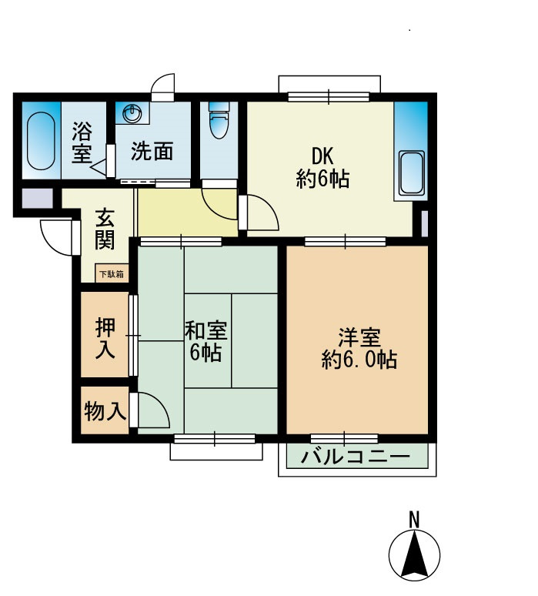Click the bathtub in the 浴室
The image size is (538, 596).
[x=41, y=141]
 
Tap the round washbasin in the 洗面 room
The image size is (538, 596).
[x=132, y=113]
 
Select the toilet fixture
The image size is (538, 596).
[x=219, y=120]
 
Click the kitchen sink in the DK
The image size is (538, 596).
[x=412, y=173]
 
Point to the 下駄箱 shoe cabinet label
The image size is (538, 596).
[x=112, y=273]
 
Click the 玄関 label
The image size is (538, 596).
[x=104, y=229]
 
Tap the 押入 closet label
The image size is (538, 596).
[x=105, y=338]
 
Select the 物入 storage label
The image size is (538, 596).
[x=105, y=410]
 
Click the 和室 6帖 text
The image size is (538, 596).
[x=206, y=341]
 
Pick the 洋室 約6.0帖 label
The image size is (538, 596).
[x=359, y=348]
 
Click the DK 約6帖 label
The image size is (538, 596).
[x=322, y=167]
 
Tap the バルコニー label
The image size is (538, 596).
[x=356, y=456]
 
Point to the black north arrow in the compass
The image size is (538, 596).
[x=414, y=553]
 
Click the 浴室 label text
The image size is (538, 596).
[x=82, y=142]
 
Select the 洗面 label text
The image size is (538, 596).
[x=152, y=151]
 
